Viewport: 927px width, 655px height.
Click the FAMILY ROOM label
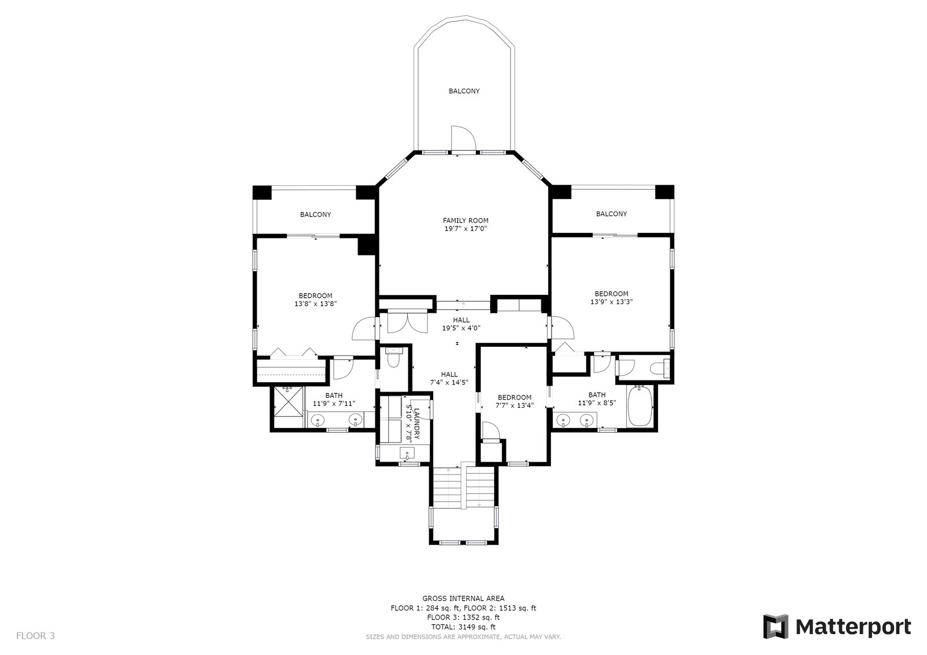pyautogui.click(x=466, y=221)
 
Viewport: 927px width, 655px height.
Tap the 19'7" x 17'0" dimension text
pyautogui.click(x=466, y=229)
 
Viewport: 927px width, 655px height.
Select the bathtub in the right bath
pyautogui.click(x=640, y=406)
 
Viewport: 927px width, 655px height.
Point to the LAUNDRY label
pyautogui.click(x=417, y=424)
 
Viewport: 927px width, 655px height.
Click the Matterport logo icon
pyautogui.click(x=776, y=627)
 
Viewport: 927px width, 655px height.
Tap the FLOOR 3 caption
pyautogui.click(x=35, y=635)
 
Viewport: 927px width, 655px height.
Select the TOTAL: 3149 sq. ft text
pyautogui.click(x=463, y=627)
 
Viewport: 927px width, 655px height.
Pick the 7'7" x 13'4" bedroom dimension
pyautogui.click(x=514, y=405)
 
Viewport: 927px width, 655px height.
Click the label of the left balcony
pyautogui.click(x=315, y=214)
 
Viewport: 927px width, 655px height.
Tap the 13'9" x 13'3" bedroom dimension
pyautogui.click(x=611, y=302)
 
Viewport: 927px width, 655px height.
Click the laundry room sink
pyautogui.click(x=408, y=454)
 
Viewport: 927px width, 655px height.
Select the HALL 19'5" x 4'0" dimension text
pyautogui.click(x=461, y=328)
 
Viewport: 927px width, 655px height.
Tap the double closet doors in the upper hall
pyautogui.click(x=407, y=323)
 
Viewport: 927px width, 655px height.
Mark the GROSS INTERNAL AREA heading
pyautogui.click(x=463, y=598)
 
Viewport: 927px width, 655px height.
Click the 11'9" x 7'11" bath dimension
pyautogui.click(x=334, y=404)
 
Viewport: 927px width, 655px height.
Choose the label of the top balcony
pyautogui.click(x=464, y=91)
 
